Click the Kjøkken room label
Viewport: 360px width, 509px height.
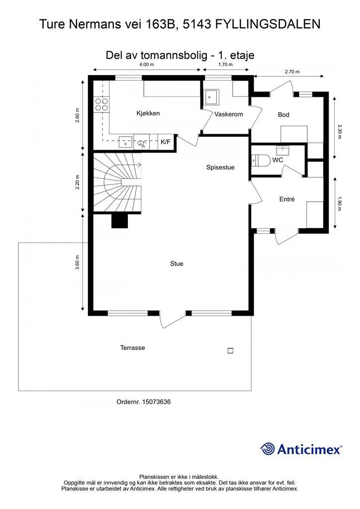pos(148,113)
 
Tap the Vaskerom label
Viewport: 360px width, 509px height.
pos(229,114)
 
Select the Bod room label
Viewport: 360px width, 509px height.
pos(283,115)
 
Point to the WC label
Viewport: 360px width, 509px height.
pos(277,160)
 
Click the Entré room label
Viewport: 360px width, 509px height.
pos(287,199)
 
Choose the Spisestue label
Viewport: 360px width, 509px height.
pos(220,168)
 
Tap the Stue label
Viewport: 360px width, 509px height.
pos(177,263)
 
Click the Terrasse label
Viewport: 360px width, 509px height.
pos(132,347)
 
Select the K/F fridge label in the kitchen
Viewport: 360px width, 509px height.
pos(166,142)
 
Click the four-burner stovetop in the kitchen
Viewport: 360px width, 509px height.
pos(101,104)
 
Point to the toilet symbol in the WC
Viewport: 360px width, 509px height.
pos(261,160)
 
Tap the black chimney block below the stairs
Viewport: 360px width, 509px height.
pos(120,221)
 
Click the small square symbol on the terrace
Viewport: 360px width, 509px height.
pos(231,350)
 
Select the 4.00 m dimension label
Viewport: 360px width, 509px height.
pos(146,64)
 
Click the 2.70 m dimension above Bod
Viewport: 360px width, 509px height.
pos(292,72)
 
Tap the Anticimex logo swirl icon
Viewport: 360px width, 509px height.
pos(268,449)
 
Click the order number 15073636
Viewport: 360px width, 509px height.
pos(157,402)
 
